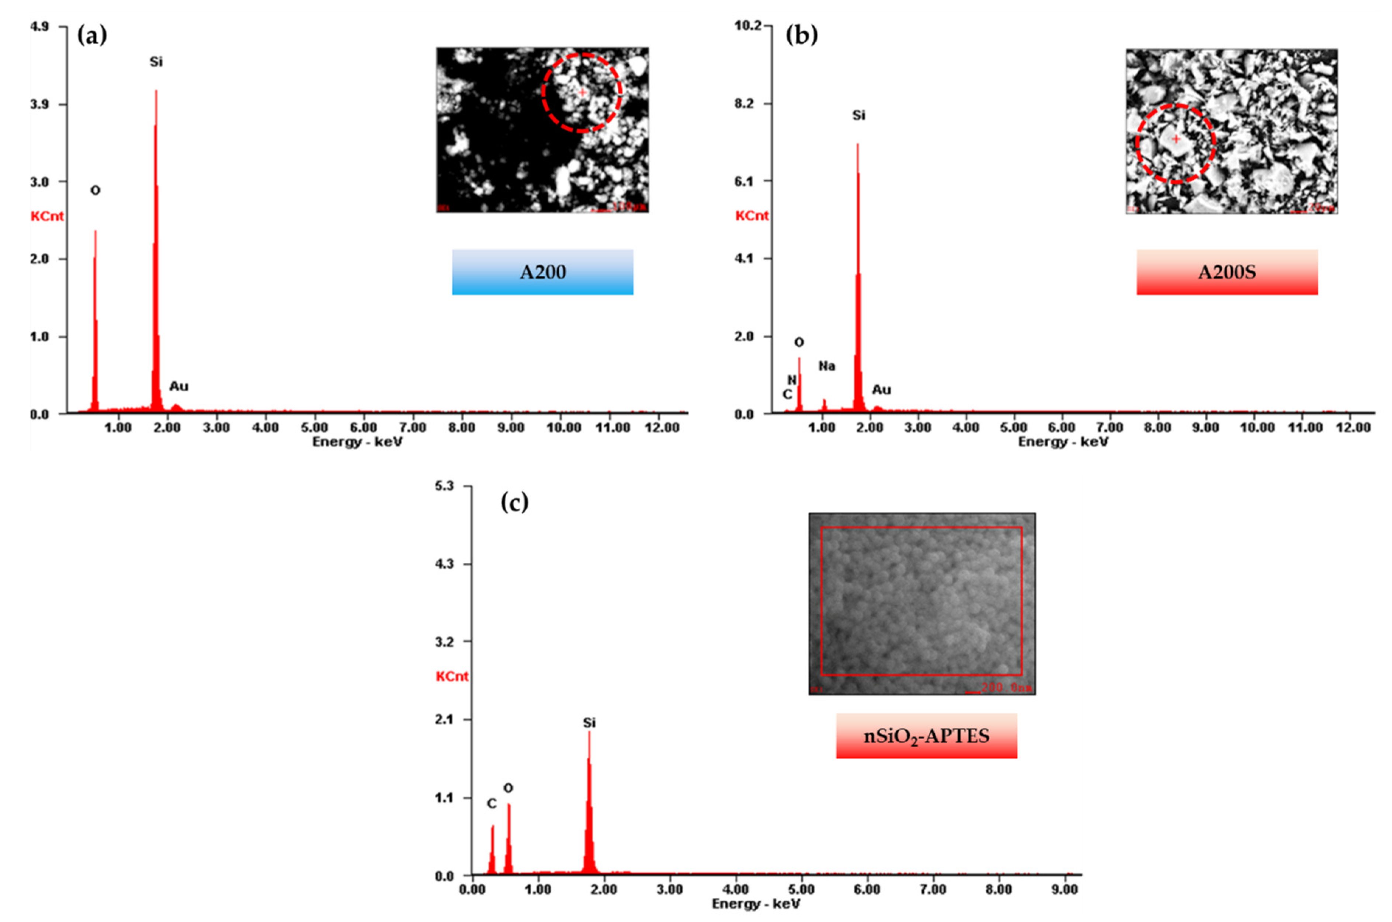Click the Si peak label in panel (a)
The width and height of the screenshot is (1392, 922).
[x=156, y=62]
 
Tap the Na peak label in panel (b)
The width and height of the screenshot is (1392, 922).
[x=827, y=366]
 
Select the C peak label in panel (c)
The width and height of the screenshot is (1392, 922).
[x=491, y=803]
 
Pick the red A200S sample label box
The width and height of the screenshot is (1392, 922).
[x=1227, y=272]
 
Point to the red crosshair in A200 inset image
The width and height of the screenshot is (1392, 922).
[x=582, y=92]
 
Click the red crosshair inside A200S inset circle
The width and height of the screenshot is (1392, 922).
[x=1176, y=139]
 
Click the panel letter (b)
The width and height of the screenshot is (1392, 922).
[x=801, y=35]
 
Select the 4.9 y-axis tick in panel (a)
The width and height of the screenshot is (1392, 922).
[x=39, y=27]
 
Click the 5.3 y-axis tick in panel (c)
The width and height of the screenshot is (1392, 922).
[x=444, y=486]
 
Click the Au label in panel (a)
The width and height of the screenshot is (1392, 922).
[x=179, y=386]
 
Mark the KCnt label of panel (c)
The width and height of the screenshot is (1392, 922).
[x=452, y=676]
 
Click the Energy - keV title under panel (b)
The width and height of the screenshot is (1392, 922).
[x=1063, y=441]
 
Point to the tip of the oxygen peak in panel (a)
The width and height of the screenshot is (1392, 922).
[x=95, y=231]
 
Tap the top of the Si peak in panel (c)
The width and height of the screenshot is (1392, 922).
[x=589, y=732]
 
